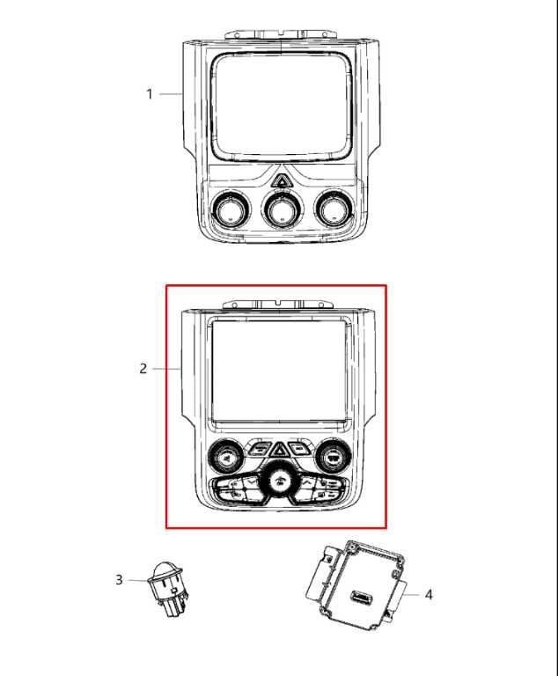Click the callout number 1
tap(150, 94)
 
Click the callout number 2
tap(143, 369)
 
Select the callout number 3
tap(119, 579)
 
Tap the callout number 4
tap(429, 595)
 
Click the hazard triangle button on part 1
tap(283, 181)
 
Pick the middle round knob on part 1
tap(281, 209)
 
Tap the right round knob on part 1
tap(333, 209)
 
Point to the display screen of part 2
tap(278, 371)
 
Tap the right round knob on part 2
tap(333, 455)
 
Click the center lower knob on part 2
tap(280, 481)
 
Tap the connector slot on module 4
tap(360, 599)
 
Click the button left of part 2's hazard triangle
tap(259, 448)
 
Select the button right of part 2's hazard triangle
tap(300, 448)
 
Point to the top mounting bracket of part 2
tap(276, 305)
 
